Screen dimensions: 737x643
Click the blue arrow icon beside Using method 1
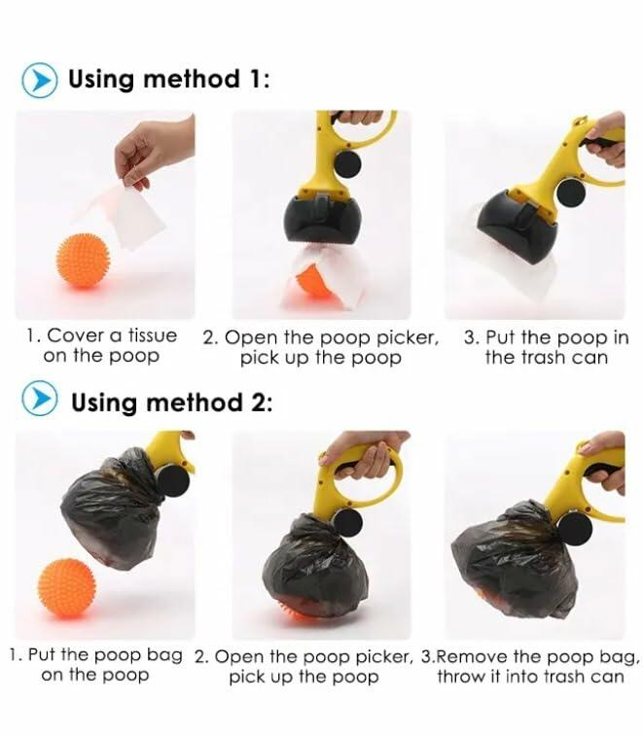point(39,79)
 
